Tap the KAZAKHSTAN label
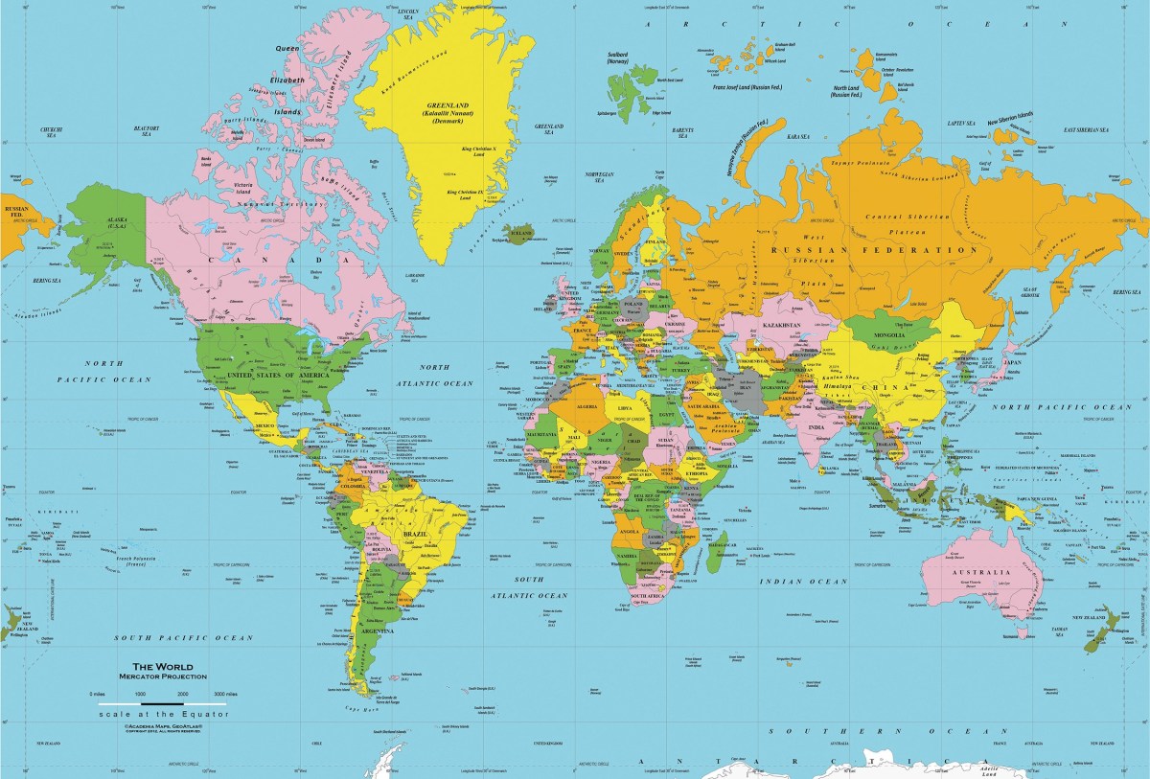coord(783,327)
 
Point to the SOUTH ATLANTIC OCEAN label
coord(528,587)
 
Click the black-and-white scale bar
coord(162,703)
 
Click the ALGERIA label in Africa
coord(586,406)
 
